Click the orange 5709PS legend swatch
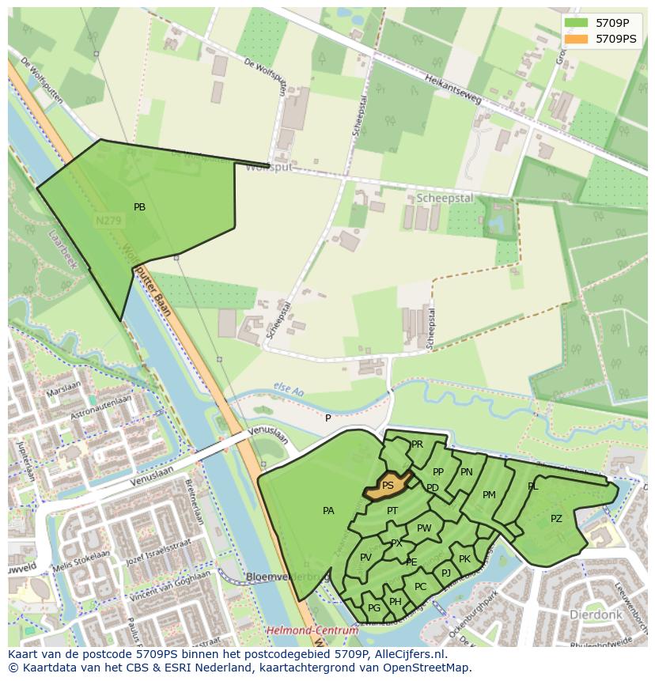pos(575,38)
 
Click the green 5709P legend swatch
pos(575,22)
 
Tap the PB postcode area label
pos(139,207)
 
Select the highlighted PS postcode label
pos(388,486)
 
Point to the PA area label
pos(328,511)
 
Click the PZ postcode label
pos(556,519)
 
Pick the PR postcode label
pos(417,445)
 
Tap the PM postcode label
pos(489,495)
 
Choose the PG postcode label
pos(374,607)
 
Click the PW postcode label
pos(424,528)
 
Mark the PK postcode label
pos(464,559)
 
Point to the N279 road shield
pos(108,221)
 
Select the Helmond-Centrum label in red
pos(312,630)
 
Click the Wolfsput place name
pos(269,168)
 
